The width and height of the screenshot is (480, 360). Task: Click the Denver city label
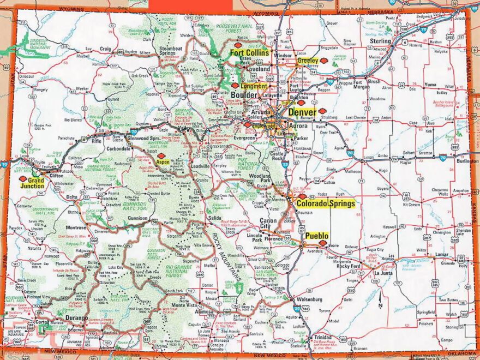[x=302, y=112]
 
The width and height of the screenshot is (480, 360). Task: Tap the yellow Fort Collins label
[x=249, y=53]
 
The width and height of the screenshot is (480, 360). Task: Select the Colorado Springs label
[x=325, y=204]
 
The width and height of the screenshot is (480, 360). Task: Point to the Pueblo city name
[x=316, y=236]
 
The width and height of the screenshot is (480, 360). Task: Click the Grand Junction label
[x=32, y=183]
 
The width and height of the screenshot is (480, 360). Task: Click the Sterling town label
[x=380, y=41]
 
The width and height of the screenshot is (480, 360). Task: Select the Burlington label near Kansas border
[x=467, y=161]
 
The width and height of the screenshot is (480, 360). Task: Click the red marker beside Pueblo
[x=323, y=243]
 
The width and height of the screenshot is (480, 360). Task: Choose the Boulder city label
[x=244, y=95]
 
